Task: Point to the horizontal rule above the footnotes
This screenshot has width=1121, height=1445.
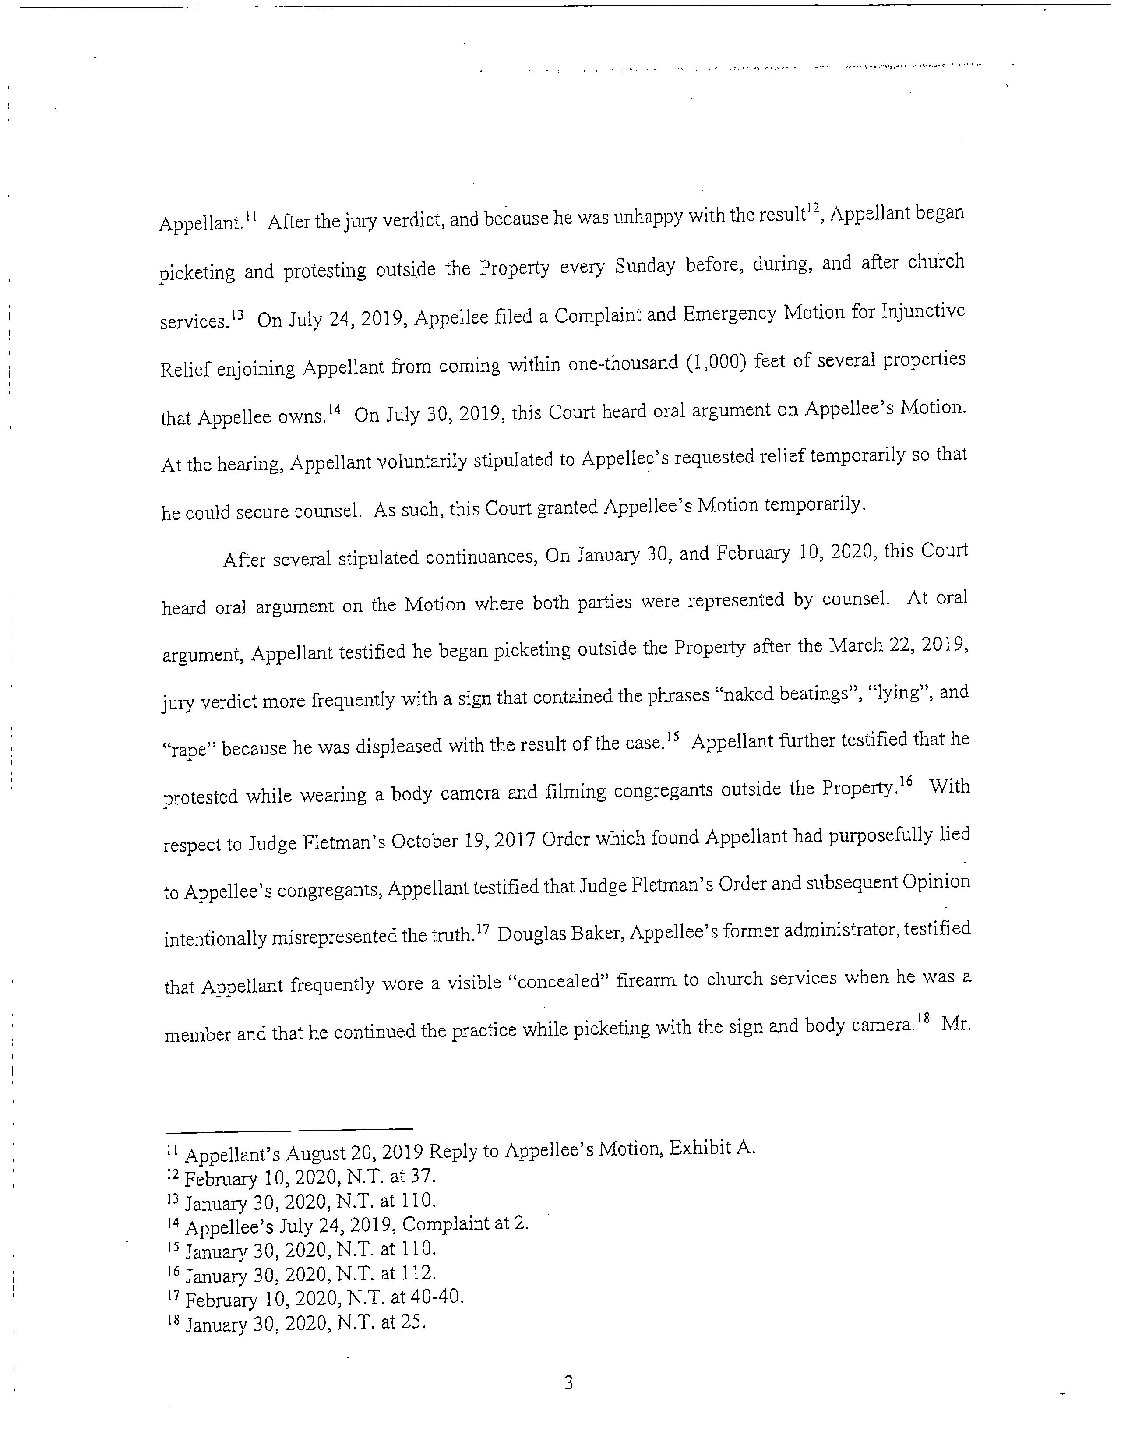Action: [289, 1129]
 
